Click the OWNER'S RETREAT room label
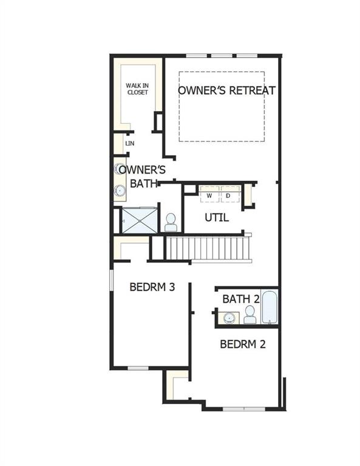pos(226,90)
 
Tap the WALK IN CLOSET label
pos(137,89)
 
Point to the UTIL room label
pos(217,217)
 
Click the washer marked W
pos(209,195)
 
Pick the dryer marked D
pos(228,195)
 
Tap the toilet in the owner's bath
pos(171,223)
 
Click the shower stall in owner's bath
pos(139,220)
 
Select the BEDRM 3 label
pos(152,286)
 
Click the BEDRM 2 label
pos(243,344)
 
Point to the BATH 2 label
pos(241,299)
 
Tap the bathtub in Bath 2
pos(270,308)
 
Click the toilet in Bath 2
pos(250,315)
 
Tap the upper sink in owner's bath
pos(119,169)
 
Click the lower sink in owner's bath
pos(119,191)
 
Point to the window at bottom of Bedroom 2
pos(244,408)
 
